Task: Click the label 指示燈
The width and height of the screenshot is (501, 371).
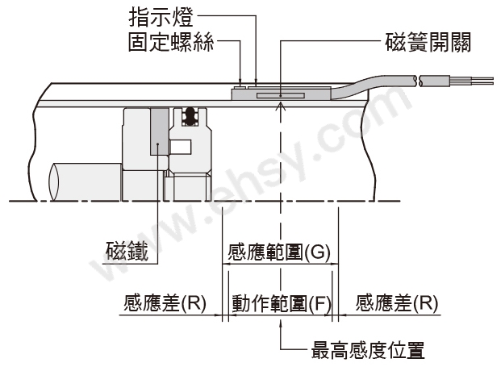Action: pyautogui.click(x=161, y=16)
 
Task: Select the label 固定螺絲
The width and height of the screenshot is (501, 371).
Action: pyautogui.click(x=171, y=40)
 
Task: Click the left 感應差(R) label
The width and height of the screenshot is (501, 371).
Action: pyautogui.click(x=165, y=304)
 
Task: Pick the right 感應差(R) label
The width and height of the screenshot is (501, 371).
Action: pyautogui.click(x=396, y=304)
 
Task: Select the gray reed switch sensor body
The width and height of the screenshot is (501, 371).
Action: pyautogui.click(x=278, y=94)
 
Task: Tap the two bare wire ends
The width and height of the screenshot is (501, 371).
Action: pyautogui.click(x=479, y=80)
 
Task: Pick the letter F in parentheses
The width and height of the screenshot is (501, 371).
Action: pyautogui.click(x=319, y=304)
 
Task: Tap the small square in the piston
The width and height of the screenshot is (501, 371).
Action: pyautogui.click(x=182, y=148)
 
